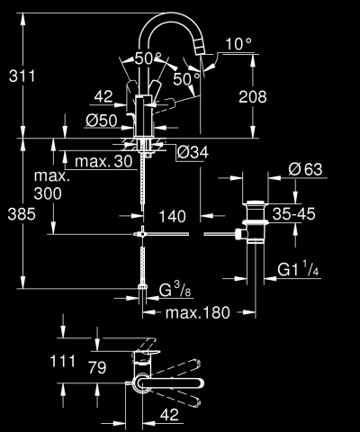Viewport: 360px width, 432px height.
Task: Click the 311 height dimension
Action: tap(21, 76)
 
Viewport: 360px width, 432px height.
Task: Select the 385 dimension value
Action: tap(21, 217)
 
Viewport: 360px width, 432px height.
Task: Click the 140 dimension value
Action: tap(174, 217)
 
